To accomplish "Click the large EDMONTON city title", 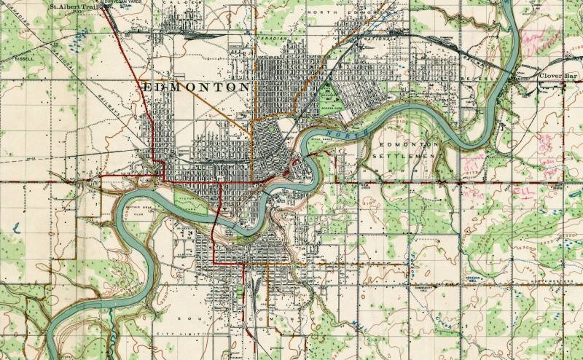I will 197,87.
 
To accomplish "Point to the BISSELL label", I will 25,56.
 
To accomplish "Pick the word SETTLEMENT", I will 404,156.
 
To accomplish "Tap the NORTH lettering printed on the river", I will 339,136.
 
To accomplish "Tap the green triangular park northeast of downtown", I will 329,98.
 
